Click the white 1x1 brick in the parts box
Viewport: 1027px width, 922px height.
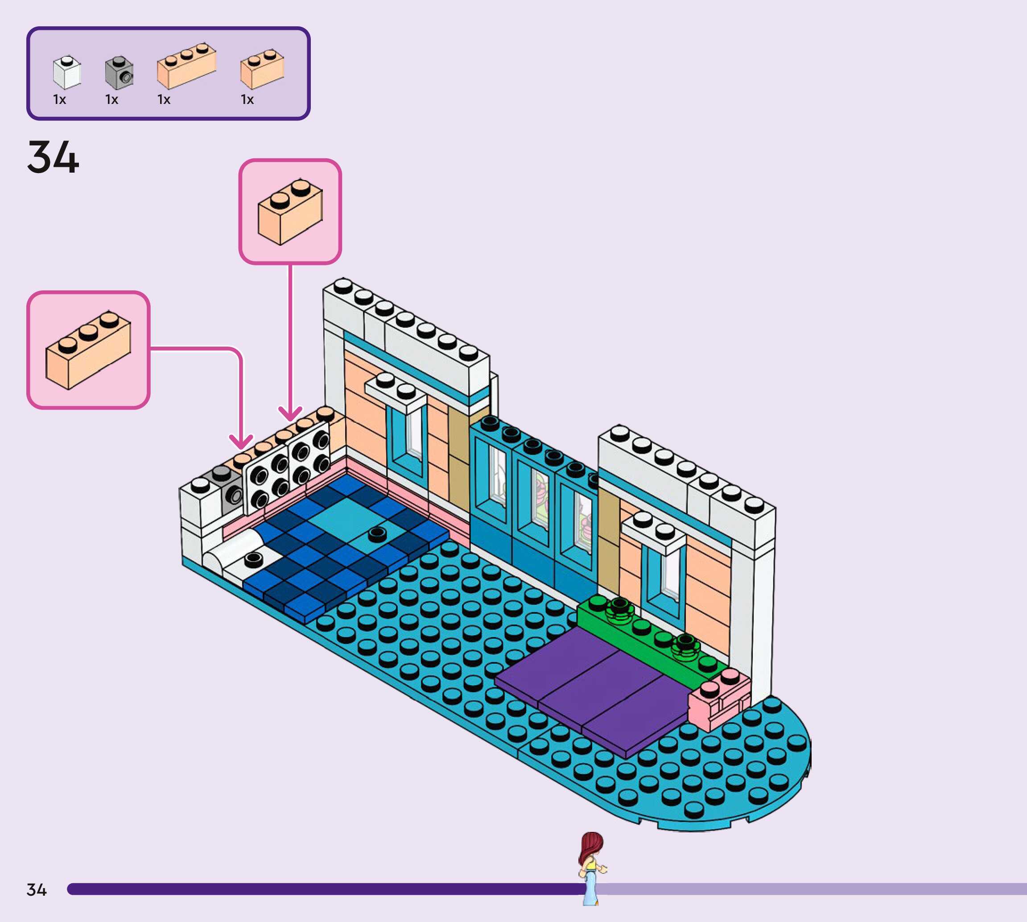67,72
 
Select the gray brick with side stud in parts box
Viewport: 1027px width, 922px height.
119,72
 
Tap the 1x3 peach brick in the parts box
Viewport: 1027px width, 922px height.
186,66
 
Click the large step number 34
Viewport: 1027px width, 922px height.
53,157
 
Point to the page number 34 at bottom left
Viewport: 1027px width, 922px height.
37,889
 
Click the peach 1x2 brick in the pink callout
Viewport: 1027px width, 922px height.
290,212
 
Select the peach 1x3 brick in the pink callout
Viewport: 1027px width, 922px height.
88,350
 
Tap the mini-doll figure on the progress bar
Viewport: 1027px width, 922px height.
591,868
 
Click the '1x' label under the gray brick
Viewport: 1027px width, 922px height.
111,100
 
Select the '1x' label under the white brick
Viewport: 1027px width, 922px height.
59,100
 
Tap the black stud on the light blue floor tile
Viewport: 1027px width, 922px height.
377,533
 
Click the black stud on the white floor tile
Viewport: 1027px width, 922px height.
253,559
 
